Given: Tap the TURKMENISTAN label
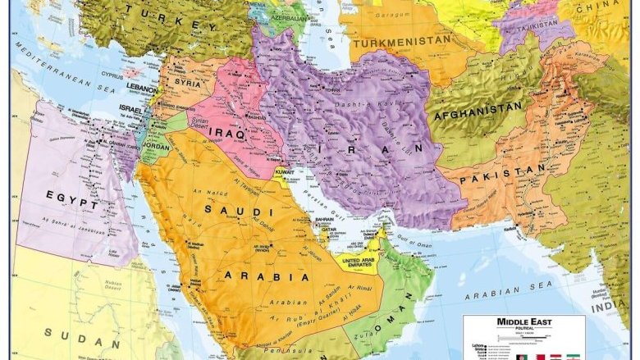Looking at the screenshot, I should pos(400,39).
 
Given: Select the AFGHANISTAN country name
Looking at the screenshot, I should pos(479,107).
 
